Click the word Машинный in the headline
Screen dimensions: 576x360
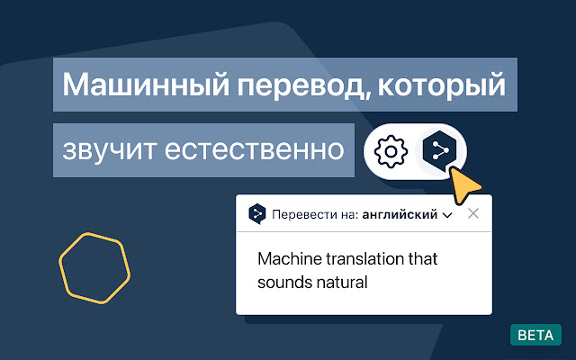click(146, 85)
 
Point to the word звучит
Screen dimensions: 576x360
click(109, 150)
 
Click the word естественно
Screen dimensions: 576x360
click(254, 150)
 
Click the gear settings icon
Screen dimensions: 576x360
click(391, 151)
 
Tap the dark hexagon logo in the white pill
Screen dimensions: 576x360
click(439, 151)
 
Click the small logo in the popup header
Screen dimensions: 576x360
click(257, 214)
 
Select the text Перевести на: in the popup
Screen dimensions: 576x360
click(315, 214)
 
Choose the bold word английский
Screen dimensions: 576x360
click(400, 214)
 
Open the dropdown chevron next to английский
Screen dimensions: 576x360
click(447, 215)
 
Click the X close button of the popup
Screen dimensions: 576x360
click(473, 213)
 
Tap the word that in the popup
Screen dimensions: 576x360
click(423, 259)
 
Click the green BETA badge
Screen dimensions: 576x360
click(535, 335)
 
